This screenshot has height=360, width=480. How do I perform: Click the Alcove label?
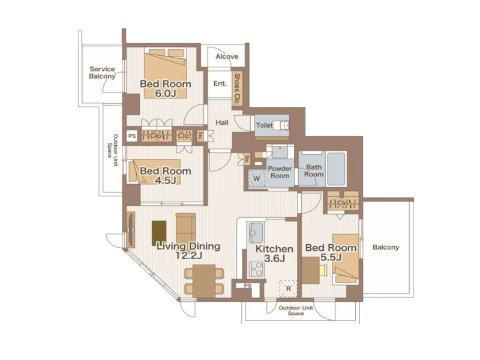tap(227, 56)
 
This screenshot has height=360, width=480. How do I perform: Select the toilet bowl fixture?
tap(281, 125)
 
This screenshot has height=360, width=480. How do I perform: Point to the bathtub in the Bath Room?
tap(336, 169)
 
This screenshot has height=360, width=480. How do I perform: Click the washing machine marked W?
tap(257, 178)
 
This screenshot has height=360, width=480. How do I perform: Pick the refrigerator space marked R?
tap(288, 289)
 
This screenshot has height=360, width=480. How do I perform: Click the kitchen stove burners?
tap(256, 269)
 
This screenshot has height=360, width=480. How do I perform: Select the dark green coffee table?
tap(159, 233)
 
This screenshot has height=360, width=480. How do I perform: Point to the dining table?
tap(204, 281)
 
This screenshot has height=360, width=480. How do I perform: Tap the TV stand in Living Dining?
tap(130, 230)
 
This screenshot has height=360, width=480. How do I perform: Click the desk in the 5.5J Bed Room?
tap(311, 271)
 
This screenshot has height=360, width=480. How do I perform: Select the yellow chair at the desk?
tap(323, 271)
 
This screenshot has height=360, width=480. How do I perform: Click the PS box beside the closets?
tap(132, 136)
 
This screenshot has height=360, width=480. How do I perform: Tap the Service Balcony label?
tap(102, 73)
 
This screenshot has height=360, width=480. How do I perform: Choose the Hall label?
tap(222, 123)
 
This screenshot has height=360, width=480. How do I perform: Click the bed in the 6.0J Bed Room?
tap(166, 73)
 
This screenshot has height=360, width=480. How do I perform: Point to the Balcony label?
tap(386, 247)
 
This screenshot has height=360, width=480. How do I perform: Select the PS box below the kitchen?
tap(248, 286)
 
